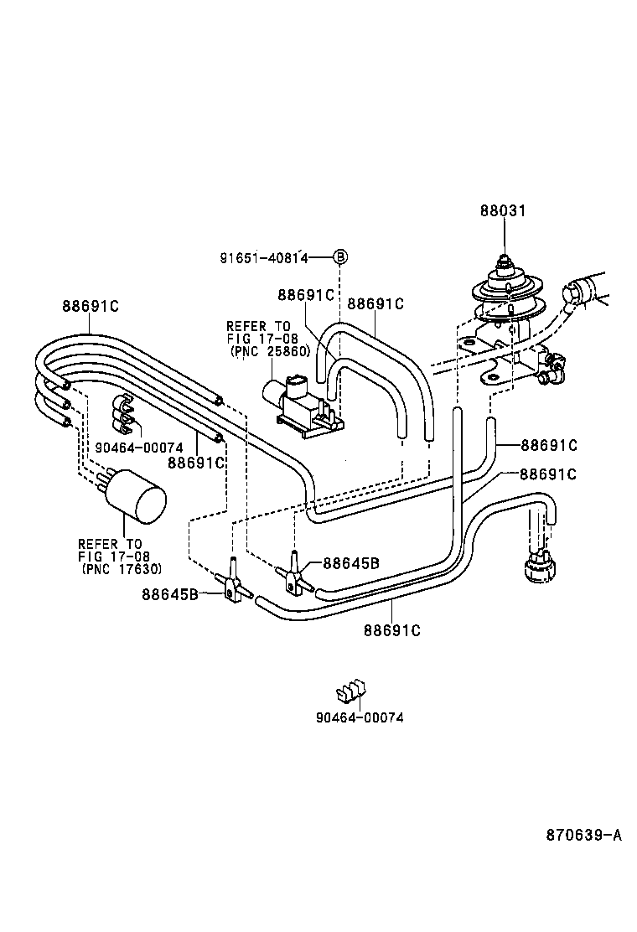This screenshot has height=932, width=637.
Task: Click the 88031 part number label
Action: coord(503,211)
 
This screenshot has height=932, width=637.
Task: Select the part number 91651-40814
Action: coord(264,258)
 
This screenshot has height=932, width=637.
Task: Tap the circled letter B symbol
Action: coord(340,257)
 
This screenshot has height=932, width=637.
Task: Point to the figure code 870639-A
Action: coord(584,835)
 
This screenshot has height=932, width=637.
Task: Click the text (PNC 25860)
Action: coord(270,352)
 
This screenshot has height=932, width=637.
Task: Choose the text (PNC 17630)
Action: coord(122,569)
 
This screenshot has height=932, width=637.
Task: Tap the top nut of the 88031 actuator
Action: coord(503,261)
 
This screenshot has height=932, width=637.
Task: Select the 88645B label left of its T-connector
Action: coord(169,595)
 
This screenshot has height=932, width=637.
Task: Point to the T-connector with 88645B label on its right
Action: coord(295,572)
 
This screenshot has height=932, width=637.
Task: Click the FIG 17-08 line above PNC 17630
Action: coord(114,557)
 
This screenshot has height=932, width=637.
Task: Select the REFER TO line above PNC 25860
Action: coord(258,326)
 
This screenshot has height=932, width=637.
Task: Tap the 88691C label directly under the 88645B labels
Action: coord(391,629)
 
